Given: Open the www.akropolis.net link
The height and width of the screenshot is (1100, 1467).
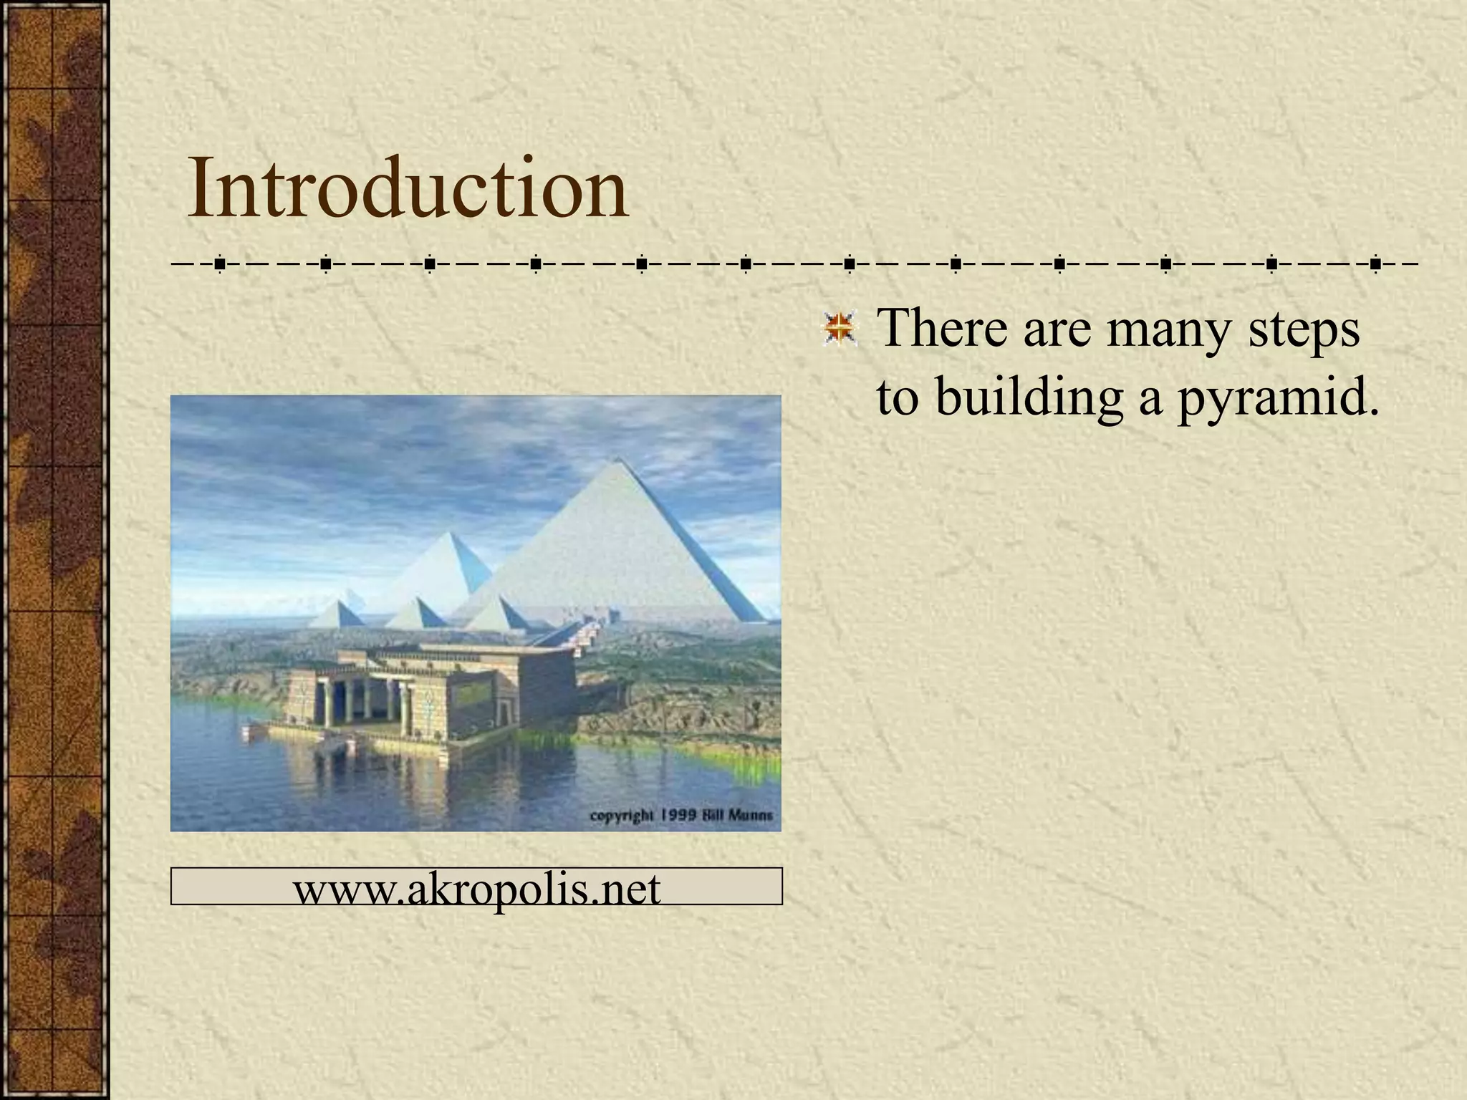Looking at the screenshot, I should pos(476,889).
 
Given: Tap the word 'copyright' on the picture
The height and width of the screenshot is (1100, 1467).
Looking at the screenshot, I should pos(621,816).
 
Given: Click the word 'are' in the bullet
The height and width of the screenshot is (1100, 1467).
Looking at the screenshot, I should pos(1053,330).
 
